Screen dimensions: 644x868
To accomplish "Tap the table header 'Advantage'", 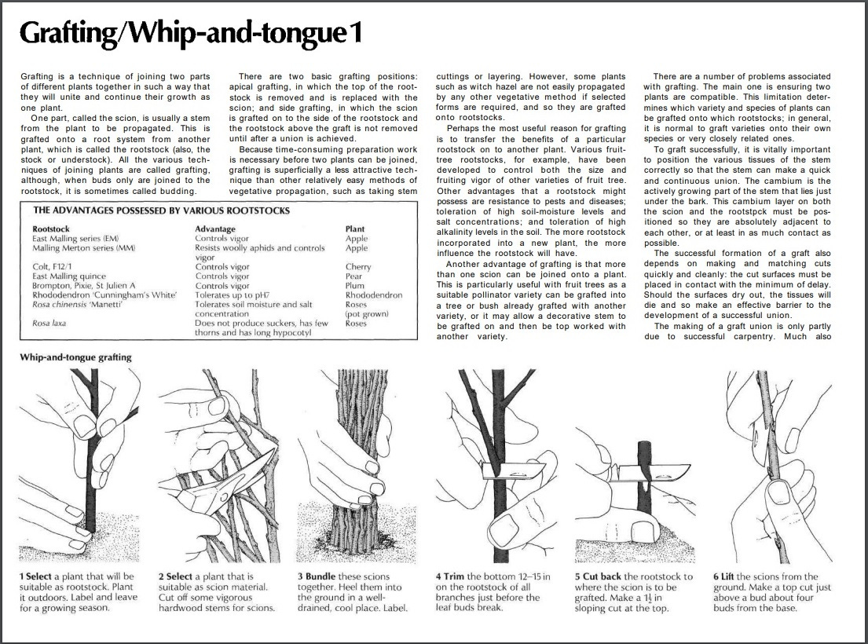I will coord(215,229).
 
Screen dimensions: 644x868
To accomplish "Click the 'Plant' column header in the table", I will coord(355,229).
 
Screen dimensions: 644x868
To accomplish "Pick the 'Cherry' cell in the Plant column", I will coord(358,267).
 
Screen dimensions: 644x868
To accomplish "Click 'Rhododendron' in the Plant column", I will coord(374,295).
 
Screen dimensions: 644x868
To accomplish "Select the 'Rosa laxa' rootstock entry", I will coord(49,323).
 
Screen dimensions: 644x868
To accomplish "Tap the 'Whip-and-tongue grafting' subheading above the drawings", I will coord(75,357).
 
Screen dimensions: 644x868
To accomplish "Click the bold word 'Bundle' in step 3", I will coord(322,576).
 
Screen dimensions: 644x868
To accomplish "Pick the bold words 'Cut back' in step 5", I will coord(602,576).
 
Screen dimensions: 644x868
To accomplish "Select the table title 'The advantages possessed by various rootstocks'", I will coord(161,210).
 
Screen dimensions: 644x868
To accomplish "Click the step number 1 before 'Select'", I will coord(23,576).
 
